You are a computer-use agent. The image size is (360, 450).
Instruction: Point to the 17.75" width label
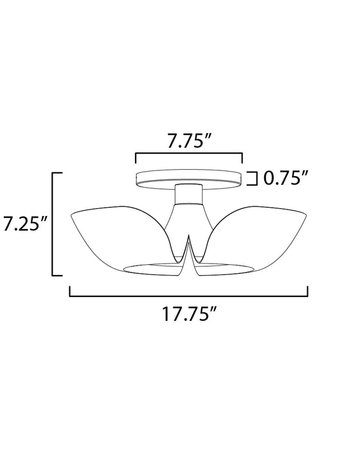pyautogui.click(x=188, y=316)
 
